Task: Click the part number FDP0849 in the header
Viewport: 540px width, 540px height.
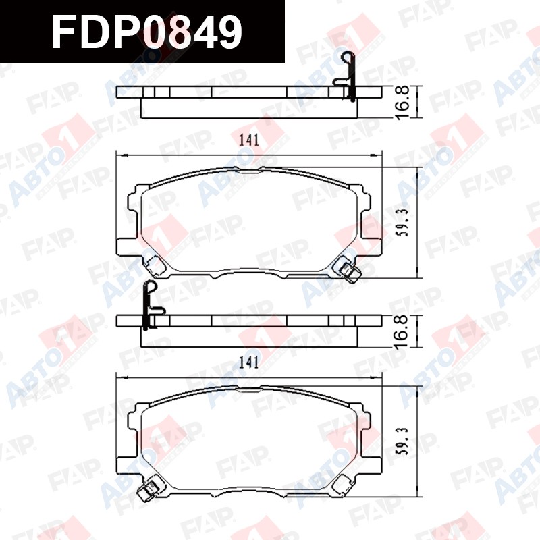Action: [x=147, y=32]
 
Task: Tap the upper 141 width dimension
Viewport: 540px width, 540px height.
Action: [x=249, y=140]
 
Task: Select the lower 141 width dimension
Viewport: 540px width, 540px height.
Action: [x=249, y=362]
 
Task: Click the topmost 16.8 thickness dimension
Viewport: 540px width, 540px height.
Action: [x=402, y=103]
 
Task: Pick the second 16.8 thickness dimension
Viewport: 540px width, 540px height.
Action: [x=402, y=331]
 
